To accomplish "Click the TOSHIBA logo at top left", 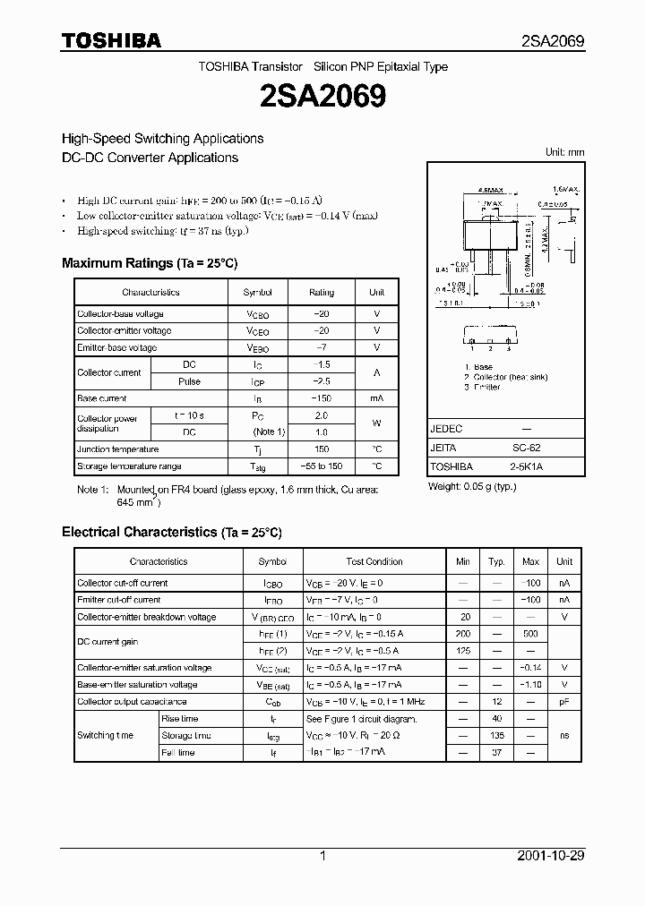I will [111, 40].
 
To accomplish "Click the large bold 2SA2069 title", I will [322, 96].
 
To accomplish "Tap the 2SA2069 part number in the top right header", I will [553, 41].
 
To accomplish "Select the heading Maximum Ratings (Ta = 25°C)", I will [149, 263].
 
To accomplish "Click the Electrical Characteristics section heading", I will [171, 532].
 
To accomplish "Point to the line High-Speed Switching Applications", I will [162, 139].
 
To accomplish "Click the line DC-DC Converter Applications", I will [150, 158].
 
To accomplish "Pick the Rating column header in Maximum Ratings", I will [321, 293].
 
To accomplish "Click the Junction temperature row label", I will [117, 449].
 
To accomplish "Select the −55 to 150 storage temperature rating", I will [321, 466].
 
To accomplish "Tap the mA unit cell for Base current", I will [376, 398].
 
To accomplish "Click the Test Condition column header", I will [374, 561].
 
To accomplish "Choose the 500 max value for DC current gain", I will [530, 634].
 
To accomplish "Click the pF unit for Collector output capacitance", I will [563, 702].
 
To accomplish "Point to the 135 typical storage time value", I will [496, 736].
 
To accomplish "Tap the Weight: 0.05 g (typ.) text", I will [473, 487].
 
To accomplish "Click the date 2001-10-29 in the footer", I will [551, 856].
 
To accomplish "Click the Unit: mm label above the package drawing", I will [564, 152].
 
